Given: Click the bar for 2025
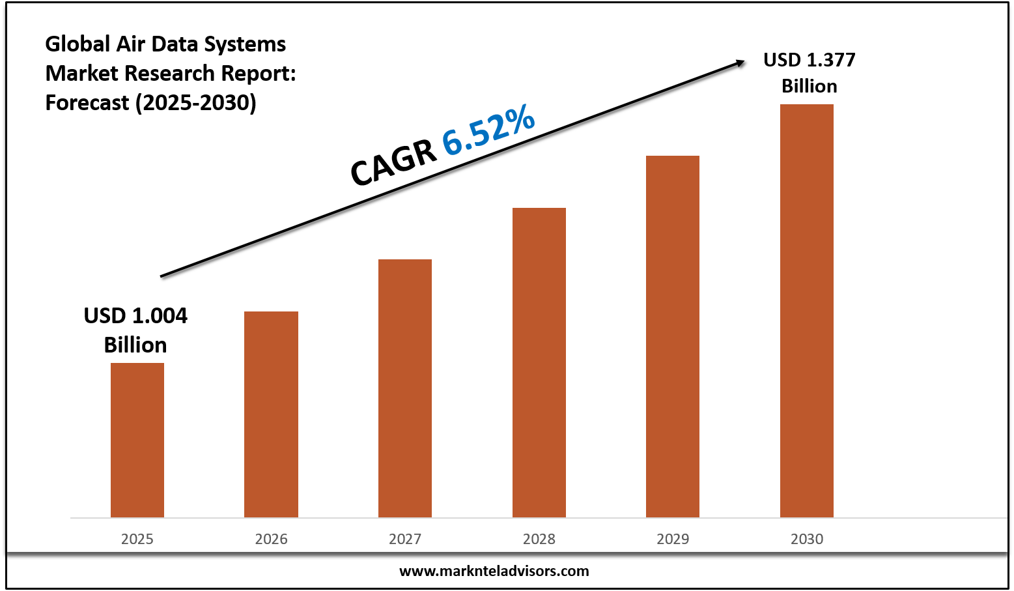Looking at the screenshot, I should (137, 440).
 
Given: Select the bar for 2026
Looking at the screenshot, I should (271, 414).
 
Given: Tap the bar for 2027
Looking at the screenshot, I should (405, 388).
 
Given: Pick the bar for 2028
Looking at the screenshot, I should (539, 362).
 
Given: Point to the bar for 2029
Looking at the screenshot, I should (673, 336).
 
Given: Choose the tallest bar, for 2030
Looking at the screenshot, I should (807, 311).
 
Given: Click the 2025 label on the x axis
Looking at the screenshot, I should (137, 539).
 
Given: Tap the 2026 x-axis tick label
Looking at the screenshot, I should (271, 539).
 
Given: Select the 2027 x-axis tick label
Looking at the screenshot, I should (405, 539).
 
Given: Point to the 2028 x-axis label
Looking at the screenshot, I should (539, 539).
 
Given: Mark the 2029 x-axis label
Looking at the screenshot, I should (673, 539).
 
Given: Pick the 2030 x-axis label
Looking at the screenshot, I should (807, 539).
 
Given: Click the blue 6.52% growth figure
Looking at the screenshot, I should (489, 132).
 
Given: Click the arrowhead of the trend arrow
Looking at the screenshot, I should (740, 63).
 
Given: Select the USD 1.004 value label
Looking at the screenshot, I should (135, 330).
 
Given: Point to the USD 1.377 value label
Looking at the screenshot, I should (810, 72).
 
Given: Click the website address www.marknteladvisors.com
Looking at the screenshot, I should (494, 571).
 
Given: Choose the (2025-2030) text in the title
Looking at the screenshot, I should (195, 102).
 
